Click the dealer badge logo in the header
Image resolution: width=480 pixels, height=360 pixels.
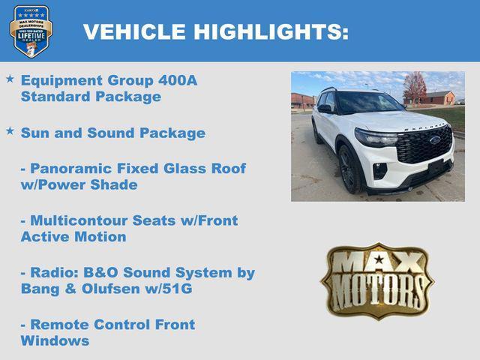31,31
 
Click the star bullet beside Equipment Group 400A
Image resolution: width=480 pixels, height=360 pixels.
10,79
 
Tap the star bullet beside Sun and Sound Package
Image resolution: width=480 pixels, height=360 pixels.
10,131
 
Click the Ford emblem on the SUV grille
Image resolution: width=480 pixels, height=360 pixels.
435,139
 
